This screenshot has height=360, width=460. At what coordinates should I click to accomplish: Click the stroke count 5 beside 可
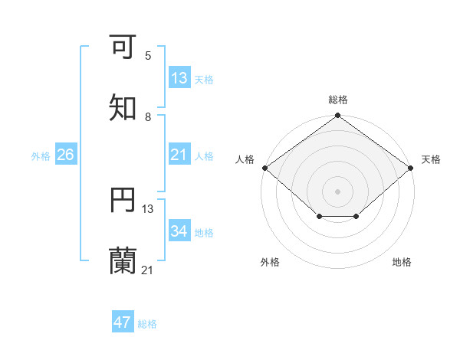click(148, 55)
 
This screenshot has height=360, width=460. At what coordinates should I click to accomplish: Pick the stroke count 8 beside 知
click(148, 116)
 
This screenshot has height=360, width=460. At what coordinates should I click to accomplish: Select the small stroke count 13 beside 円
click(148, 208)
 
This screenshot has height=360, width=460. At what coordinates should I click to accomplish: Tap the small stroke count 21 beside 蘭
click(148, 270)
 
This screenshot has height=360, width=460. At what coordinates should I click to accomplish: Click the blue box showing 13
click(179, 78)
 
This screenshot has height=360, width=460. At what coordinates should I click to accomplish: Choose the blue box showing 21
click(179, 155)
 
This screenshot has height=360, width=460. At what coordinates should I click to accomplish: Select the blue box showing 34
click(179, 231)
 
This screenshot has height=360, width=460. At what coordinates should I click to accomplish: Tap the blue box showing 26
click(65, 155)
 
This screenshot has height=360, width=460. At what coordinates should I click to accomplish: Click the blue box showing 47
click(123, 322)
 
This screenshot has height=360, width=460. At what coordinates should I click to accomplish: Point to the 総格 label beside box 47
click(147, 324)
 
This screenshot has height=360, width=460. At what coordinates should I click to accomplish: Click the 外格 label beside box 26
click(41, 155)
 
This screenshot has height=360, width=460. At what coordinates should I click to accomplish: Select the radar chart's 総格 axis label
click(338, 100)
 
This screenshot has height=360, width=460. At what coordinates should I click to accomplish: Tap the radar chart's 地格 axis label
click(402, 263)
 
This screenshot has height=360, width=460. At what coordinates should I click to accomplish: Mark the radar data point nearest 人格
click(264, 168)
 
